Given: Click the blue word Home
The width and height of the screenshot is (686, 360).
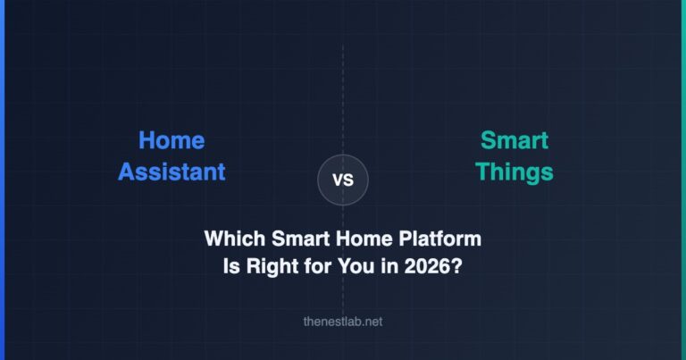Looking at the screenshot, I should [x=171, y=140].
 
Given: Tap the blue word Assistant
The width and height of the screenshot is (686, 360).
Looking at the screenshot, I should [x=171, y=171].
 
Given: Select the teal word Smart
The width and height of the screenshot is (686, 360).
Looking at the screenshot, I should [x=514, y=140].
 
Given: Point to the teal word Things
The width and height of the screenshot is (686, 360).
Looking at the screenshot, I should [x=514, y=171].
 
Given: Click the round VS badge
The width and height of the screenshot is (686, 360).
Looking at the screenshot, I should [x=343, y=180].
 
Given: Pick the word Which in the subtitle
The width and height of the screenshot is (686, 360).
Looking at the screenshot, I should [x=231, y=239].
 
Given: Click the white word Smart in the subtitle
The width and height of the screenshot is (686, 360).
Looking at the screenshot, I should [x=295, y=239].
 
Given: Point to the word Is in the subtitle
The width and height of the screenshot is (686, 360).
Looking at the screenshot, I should [x=230, y=265].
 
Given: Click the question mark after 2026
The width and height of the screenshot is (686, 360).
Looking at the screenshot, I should [x=456, y=265].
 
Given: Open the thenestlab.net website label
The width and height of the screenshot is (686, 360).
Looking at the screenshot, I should [x=343, y=322].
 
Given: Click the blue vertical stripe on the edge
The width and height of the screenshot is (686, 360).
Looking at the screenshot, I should [x=2, y=180].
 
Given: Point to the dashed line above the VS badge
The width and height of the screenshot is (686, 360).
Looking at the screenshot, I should [x=343, y=98].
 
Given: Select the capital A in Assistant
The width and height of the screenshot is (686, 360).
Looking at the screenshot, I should [x=127, y=171].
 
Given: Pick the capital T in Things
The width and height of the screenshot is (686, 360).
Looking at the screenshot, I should [x=481, y=171].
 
